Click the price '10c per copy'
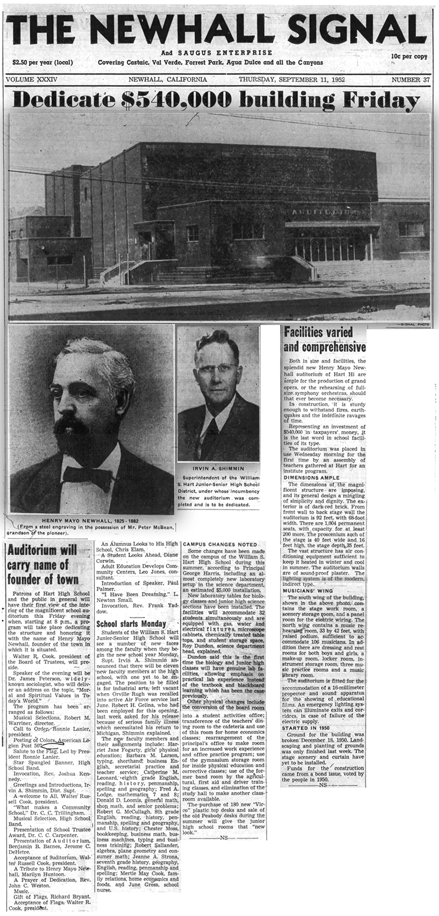pyautogui.click(x=409, y=56)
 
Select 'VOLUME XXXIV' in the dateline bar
pyautogui.click(x=31, y=80)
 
